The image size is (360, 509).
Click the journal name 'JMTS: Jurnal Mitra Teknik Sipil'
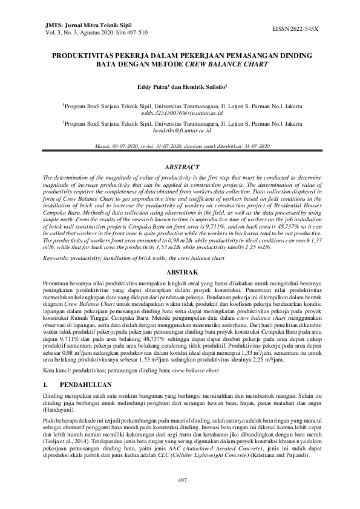coord(83,25)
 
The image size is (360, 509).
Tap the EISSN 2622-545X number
coord(297,29)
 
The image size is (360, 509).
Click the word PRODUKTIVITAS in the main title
coord(83,55)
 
